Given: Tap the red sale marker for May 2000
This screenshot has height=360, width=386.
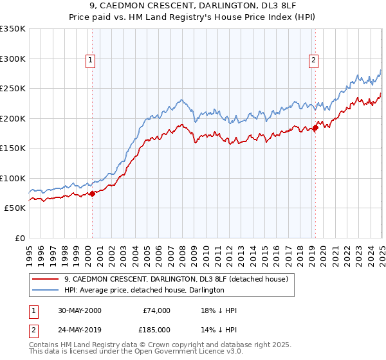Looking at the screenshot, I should pyautogui.click(x=92, y=193).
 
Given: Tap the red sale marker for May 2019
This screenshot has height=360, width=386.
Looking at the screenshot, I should pyautogui.click(x=316, y=127).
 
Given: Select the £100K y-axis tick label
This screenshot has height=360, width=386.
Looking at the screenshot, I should pyautogui.click(x=13, y=178).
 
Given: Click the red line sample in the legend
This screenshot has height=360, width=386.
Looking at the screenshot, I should pyautogui.click(x=46, y=279).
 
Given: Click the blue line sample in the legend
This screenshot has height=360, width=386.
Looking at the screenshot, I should pyautogui.click(x=46, y=290).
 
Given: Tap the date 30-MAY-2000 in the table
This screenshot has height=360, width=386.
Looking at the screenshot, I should pyautogui.click(x=79, y=310).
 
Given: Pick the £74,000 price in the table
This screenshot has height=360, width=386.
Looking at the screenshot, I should pyautogui.click(x=156, y=310).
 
